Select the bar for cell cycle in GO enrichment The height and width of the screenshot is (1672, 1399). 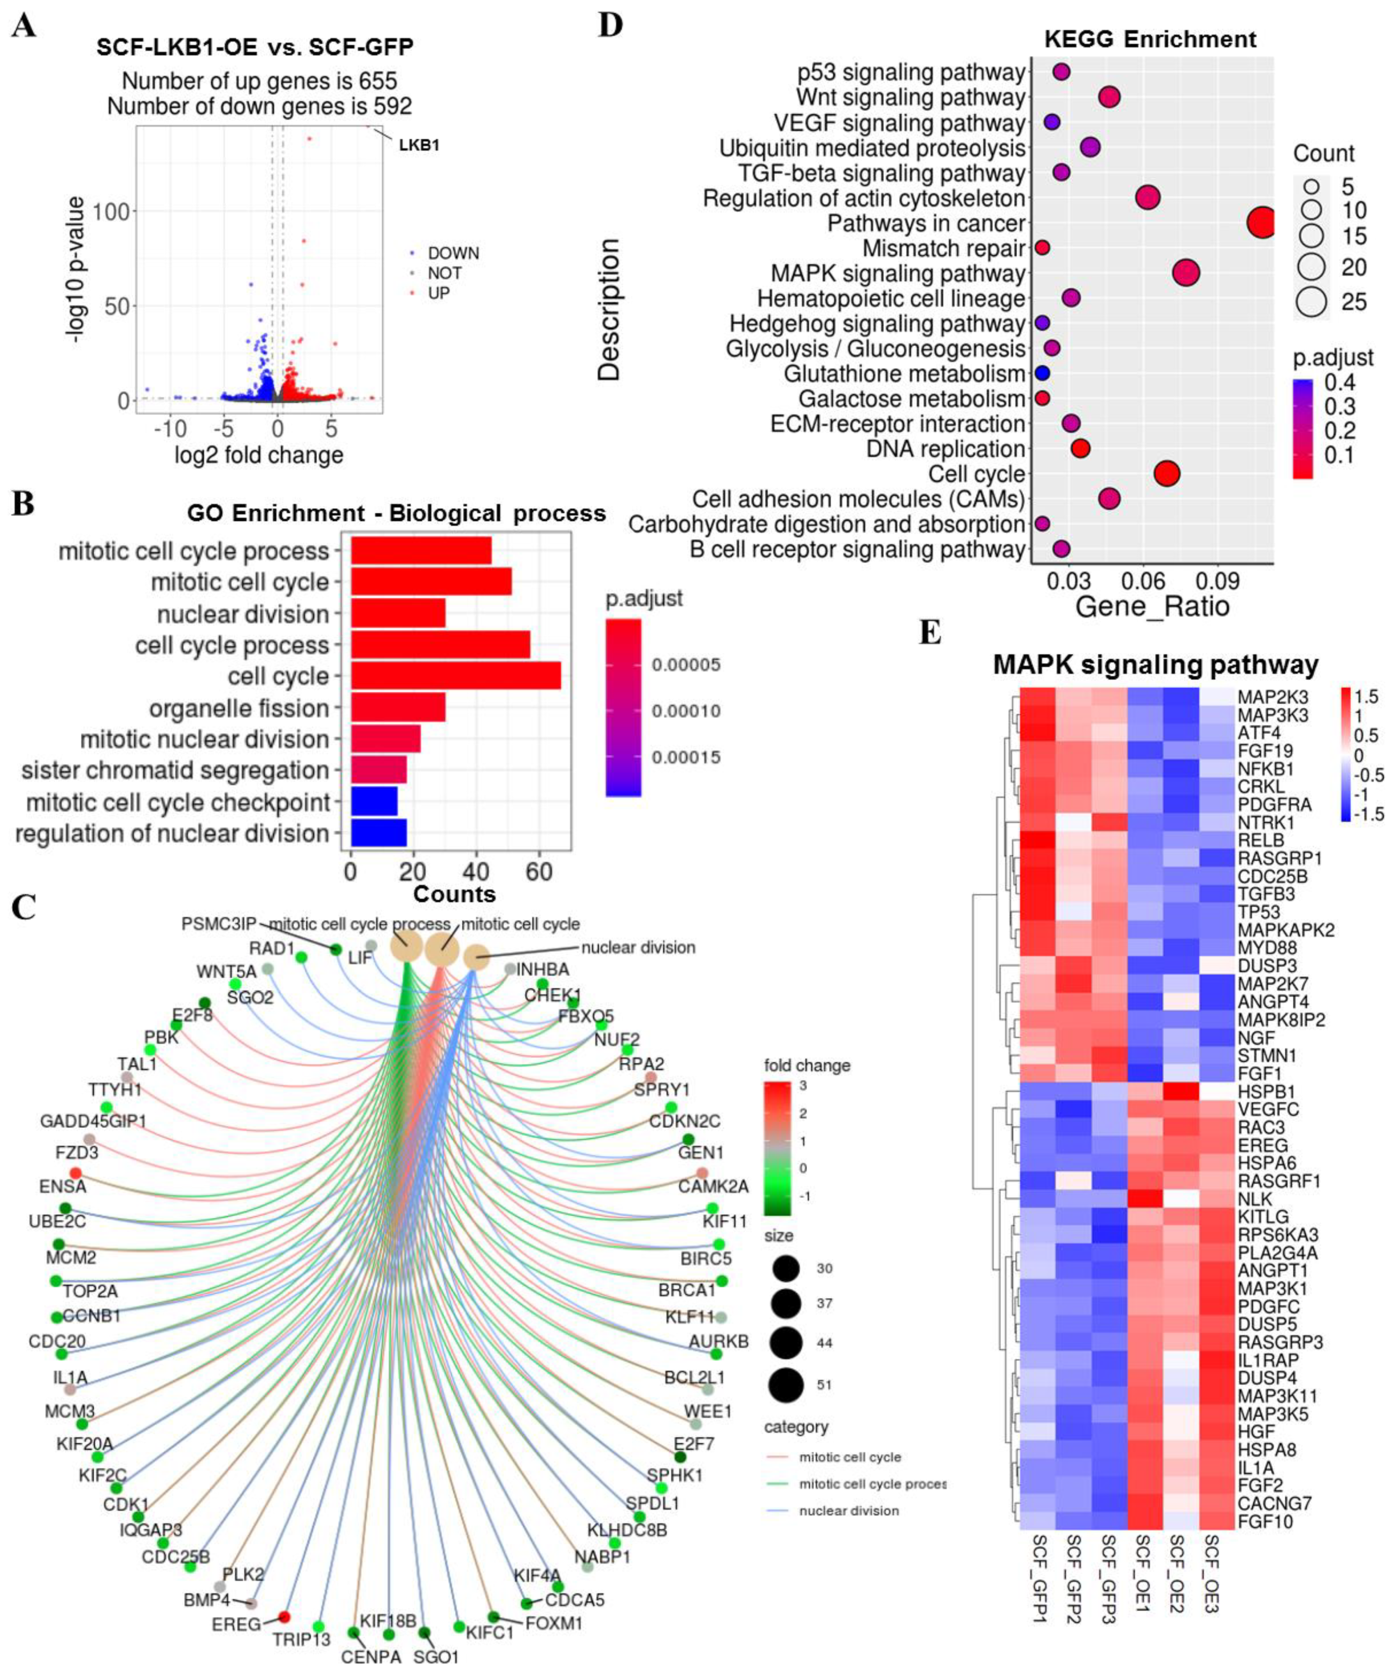click(x=455, y=676)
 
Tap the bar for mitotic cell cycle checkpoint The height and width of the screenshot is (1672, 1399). click(x=374, y=802)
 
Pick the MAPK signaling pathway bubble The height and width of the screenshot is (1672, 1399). click(x=1186, y=273)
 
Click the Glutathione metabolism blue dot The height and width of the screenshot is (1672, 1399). click(x=1042, y=374)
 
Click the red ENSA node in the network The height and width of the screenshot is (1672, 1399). click(x=75, y=1173)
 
